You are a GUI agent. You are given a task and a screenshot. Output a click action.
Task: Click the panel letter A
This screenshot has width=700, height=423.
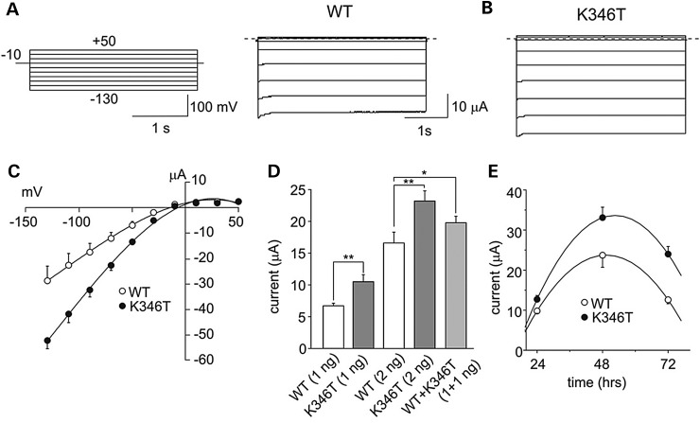12,13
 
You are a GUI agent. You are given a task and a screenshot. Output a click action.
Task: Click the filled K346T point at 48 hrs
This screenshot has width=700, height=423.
602,218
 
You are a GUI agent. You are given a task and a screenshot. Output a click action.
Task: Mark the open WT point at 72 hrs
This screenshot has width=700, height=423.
668,299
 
